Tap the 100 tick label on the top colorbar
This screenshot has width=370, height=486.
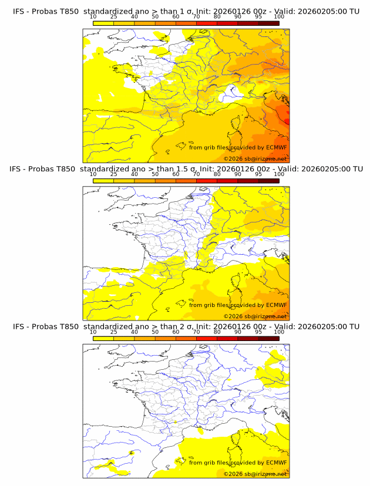point(279,16)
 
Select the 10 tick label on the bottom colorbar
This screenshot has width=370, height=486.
point(93,332)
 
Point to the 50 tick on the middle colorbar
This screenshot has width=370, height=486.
point(155,174)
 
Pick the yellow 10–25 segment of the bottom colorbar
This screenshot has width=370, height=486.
point(103,338)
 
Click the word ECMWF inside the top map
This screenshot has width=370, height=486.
point(276,147)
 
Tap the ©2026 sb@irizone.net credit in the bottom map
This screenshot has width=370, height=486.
point(255,474)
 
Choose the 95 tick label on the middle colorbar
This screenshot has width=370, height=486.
point(258,174)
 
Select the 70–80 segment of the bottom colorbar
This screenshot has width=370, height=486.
point(207,338)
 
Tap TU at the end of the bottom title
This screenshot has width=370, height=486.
point(354,326)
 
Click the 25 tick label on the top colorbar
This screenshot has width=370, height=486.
point(113,16)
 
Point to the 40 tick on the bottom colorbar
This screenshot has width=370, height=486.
point(134,332)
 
